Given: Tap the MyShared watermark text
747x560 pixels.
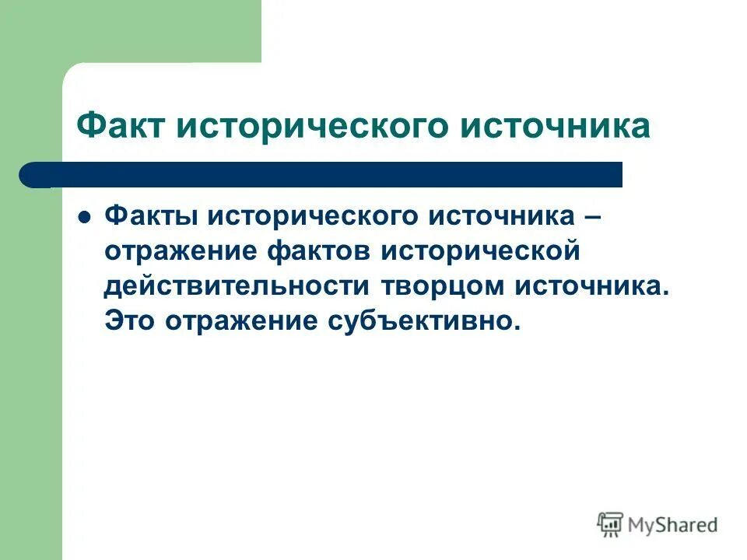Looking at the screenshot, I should [x=673, y=525].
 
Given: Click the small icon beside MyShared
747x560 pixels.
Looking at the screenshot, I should [x=610, y=525].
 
